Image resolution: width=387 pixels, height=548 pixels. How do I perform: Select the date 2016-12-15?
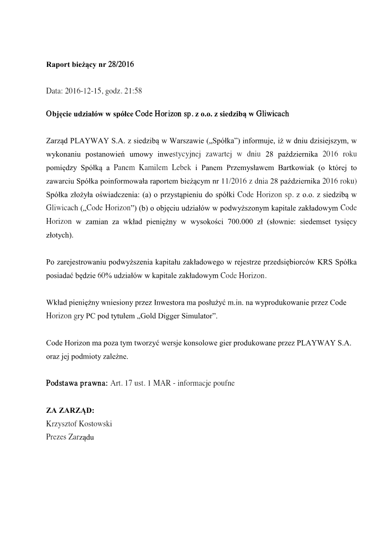[x=86, y=90]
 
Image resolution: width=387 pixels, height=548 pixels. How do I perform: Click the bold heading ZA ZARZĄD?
[x=70, y=410]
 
